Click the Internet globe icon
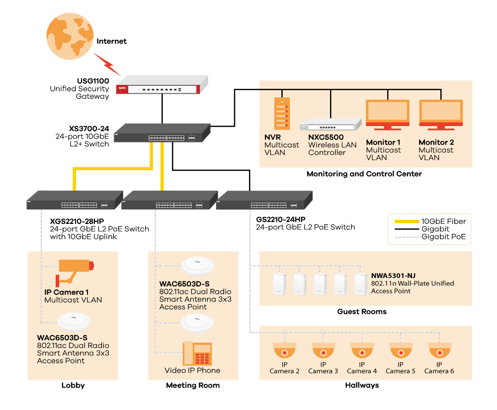tap(70, 36)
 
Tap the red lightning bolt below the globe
tap(107, 64)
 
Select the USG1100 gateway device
tap(162, 85)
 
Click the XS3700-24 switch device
tap(162, 133)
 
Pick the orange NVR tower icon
tap(282, 113)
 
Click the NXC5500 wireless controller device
tap(331, 125)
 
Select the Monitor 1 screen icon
tap(387, 115)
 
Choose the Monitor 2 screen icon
tap(441, 115)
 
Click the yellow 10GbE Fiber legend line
tap(407, 221)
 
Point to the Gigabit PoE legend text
tap(443, 237)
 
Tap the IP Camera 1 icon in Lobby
tap(75, 272)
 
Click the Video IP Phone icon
tap(197, 353)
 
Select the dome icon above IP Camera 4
tap(362, 350)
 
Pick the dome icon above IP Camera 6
tap(439, 350)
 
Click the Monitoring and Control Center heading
tap(364, 174)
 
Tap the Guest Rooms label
tap(362, 312)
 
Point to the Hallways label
tap(362, 385)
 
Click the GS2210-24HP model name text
tap(280, 219)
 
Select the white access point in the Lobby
tap(74, 322)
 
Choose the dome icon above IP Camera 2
tap(285, 350)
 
